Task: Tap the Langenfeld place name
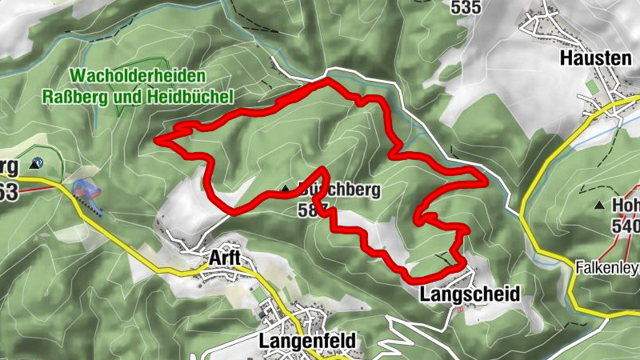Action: point(306,341)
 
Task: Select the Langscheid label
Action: point(469,294)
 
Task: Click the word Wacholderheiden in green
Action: point(138,75)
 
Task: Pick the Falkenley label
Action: point(607,267)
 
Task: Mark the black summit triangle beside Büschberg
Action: point(285,190)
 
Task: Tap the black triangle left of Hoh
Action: point(599,206)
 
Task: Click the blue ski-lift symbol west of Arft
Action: point(86,190)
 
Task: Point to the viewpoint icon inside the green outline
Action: point(35,163)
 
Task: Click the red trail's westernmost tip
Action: point(158,141)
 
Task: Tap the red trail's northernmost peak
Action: point(326,82)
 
